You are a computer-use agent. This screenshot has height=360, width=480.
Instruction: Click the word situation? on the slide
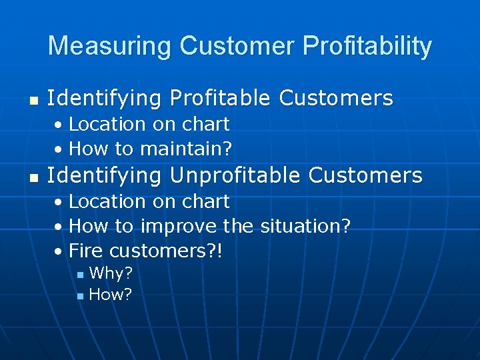(x=304, y=227)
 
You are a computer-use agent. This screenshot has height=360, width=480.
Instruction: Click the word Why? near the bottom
(x=111, y=273)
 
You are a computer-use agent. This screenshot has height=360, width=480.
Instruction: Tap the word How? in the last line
(x=111, y=295)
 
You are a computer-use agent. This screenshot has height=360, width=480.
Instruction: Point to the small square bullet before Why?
(x=80, y=275)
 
